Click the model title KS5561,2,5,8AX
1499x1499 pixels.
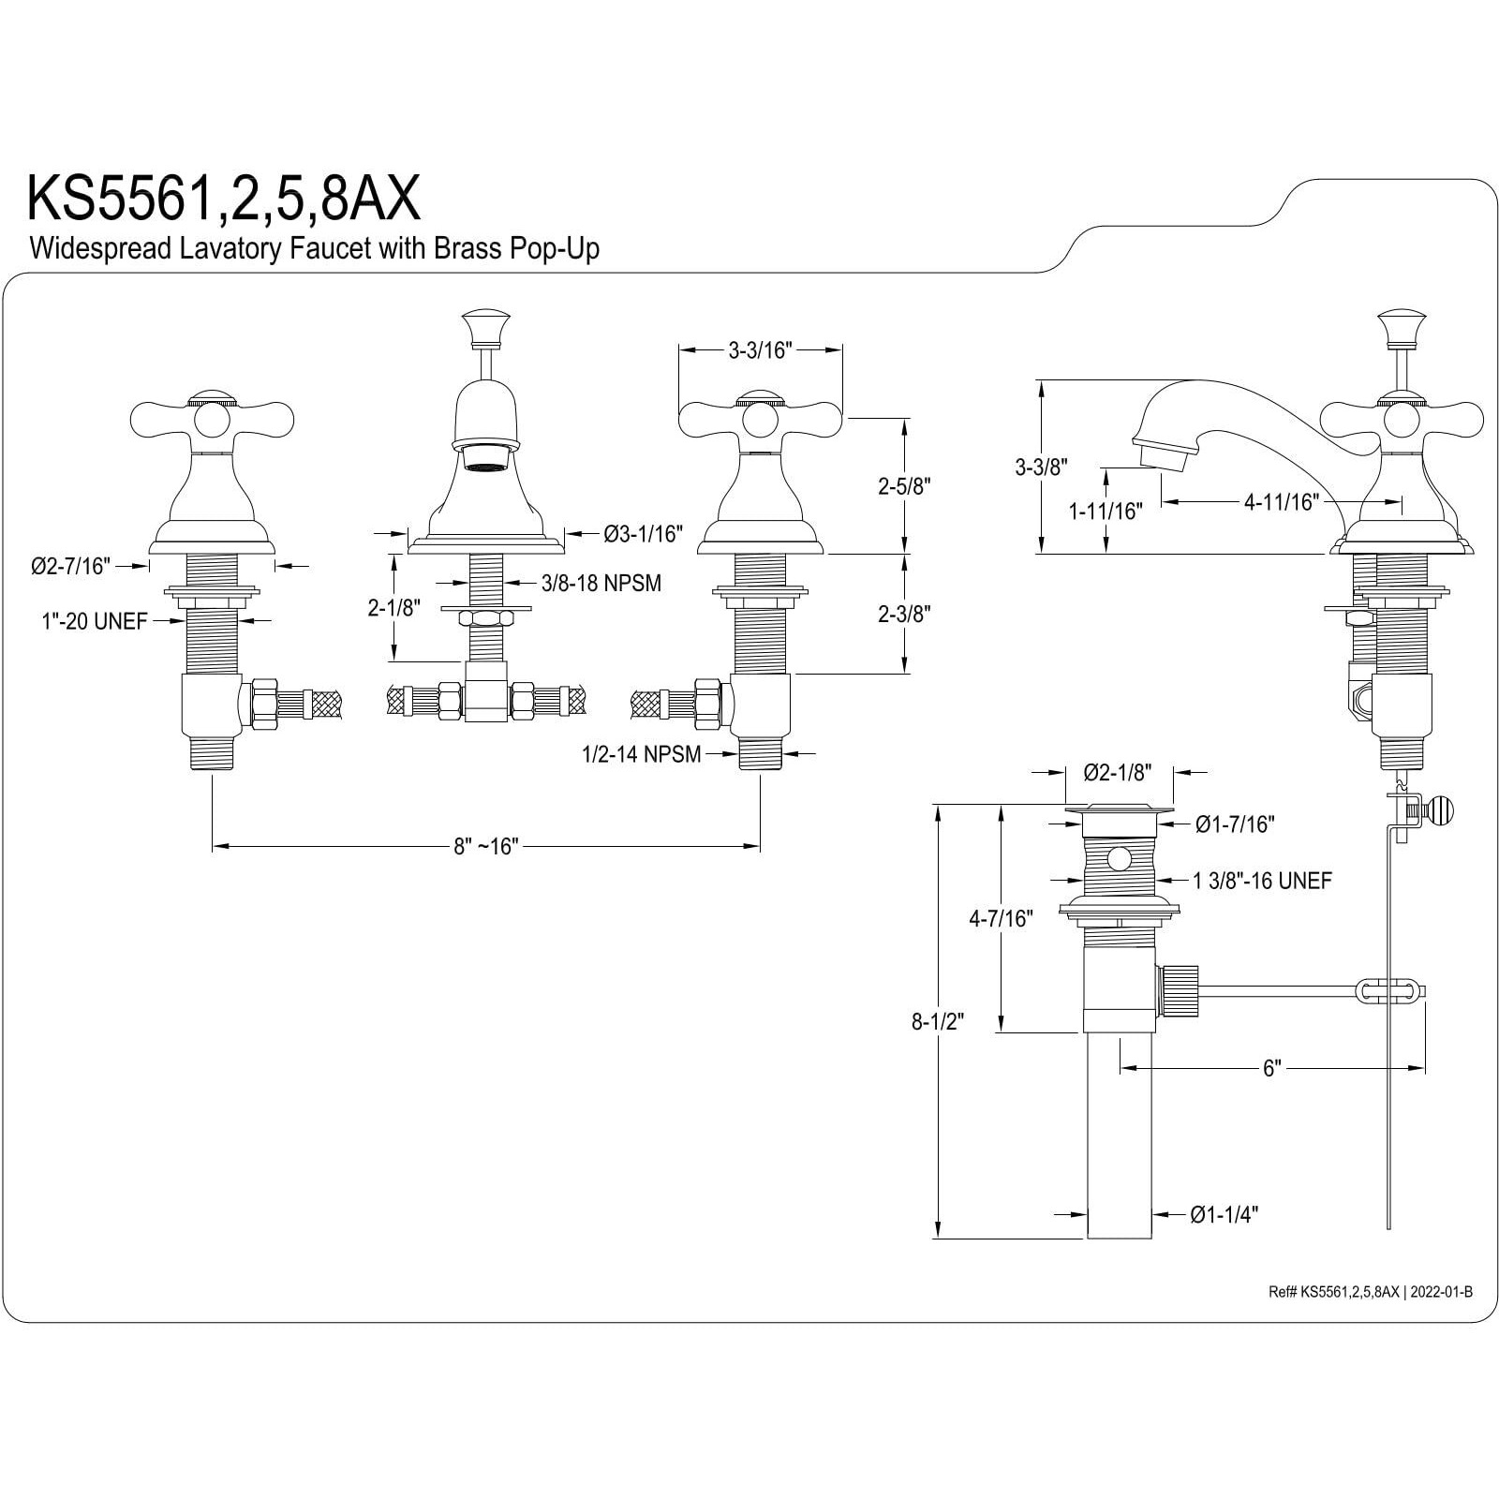point(223,198)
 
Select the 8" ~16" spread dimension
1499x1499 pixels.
point(485,846)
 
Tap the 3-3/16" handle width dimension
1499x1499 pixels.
point(760,350)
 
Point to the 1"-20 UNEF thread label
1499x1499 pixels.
point(95,621)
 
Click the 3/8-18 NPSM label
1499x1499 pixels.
point(601,583)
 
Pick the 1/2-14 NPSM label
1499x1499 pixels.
point(641,753)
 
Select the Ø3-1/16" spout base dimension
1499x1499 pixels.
point(643,534)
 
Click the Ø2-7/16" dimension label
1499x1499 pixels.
point(70,565)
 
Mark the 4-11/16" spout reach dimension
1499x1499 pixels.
point(1281,502)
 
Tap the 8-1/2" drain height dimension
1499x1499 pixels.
point(938,1021)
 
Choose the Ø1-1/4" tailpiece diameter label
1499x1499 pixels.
point(1224,1214)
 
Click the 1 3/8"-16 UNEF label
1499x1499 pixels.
point(1261,880)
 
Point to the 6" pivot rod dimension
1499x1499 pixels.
point(1271,1068)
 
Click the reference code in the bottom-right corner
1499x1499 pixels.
point(1370,1292)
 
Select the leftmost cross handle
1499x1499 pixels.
point(211,417)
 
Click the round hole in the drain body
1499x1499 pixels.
point(1118,857)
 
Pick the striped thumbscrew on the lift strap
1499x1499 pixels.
point(1436,809)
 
